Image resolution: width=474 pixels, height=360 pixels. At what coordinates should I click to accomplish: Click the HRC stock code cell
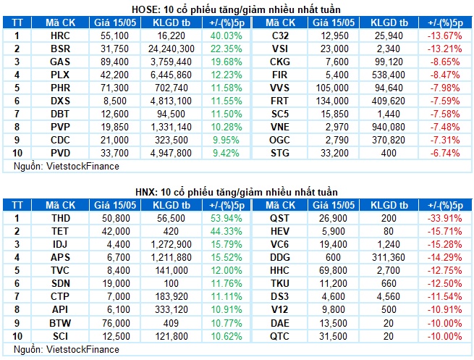pyautogui.click(x=60, y=35)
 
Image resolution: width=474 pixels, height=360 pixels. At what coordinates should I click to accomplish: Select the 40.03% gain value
pyautogui.click(x=226, y=35)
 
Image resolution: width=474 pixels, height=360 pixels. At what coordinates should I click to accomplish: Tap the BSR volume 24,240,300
pyautogui.click(x=171, y=49)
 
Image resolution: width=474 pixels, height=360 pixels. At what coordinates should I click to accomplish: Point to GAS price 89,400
pyautogui.click(x=114, y=62)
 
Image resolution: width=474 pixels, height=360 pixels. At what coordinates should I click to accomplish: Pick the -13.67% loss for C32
pyautogui.click(x=444, y=35)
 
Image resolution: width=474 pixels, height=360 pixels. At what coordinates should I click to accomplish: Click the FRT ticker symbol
pyautogui.click(x=279, y=101)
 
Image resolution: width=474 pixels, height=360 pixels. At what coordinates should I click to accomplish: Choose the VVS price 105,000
pyautogui.click(x=332, y=88)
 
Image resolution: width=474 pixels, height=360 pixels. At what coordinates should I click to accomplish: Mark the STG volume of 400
pyautogui.click(x=389, y=153)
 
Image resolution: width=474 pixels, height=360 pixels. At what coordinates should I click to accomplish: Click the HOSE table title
pyautogui.click(x=236, y=9)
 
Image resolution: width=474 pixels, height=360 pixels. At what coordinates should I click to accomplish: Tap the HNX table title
pyautogui.click(x=237, y=192)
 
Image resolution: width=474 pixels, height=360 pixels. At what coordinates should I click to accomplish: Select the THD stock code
pyautogui.click(x=61, y=218)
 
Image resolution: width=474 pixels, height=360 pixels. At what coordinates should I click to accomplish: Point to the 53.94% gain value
pyautogui.click(x=226, y=218)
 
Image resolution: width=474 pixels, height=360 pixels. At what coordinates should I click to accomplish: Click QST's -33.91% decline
pyautogui.click(x=444, y=218)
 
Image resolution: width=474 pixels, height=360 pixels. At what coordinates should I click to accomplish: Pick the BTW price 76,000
pyautogui.click(x=116, y=323)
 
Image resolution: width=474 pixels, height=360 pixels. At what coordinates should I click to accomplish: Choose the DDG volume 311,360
pyautogui.click(x=389, y=257)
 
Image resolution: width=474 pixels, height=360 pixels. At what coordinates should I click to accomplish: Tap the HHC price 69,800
pyautogui.click(x=333, y=270)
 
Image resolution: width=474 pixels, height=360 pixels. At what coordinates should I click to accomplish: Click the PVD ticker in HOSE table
pyautogui.click(x=61, y=153)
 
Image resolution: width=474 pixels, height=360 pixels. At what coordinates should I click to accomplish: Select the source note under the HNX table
pyautogui.click(x=67, y=349)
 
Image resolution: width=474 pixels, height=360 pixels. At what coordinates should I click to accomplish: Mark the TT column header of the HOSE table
pyautogui.click(x=17, y=22)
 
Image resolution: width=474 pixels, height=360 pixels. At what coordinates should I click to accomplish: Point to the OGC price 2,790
pyautogui.click(x=337, y=140)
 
